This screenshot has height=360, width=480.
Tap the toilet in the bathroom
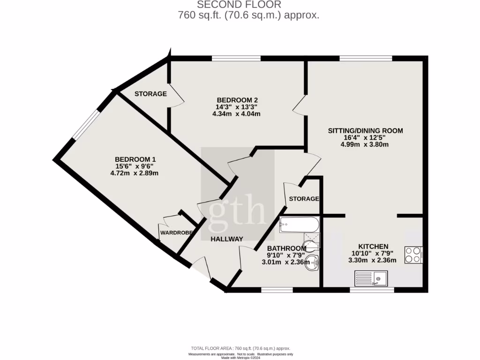click(x=310, y=244)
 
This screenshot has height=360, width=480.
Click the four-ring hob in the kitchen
click(x=413, y=255)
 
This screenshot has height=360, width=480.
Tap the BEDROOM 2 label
click(x=237, y=100)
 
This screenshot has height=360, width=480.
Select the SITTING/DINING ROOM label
click(x=365, y=131)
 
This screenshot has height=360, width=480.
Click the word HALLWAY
click(x=226, y=239)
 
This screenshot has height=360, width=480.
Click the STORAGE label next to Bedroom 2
click(x=150, y=94)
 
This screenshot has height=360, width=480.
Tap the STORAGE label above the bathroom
click(x=304, y=199)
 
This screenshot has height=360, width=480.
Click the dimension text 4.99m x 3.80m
click(x=365, y=144)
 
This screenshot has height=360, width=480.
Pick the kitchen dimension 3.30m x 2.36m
click(x=373, y=261)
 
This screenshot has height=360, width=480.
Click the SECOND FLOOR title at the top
click(x=239, y=5)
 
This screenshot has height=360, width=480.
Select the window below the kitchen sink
click(x=372, y=290)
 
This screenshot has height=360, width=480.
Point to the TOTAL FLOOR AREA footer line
click(x=240, y=348)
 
